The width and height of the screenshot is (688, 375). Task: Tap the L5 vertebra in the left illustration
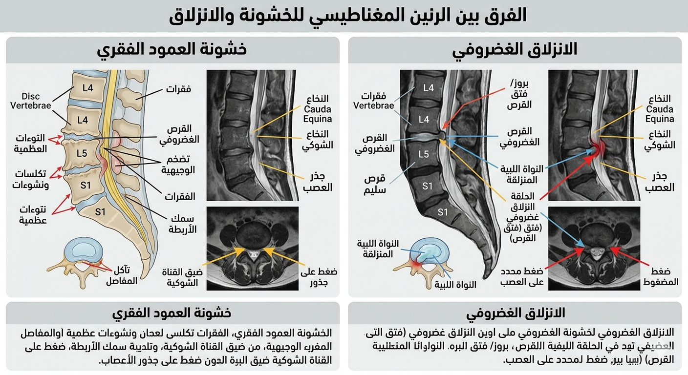tap(82, 153)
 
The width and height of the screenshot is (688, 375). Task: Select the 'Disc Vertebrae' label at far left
tap(31, 101)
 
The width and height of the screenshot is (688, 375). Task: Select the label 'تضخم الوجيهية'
tap(178, 165)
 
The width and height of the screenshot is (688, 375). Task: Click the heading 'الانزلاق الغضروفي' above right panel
tap(515, 49)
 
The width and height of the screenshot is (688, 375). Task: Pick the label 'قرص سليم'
tap(375, 185)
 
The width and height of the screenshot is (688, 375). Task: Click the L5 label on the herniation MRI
tap(424, 154)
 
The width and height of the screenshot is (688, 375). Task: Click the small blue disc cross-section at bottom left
tap(86, 250)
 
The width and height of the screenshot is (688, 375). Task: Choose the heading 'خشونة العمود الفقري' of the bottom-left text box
tap(172, 312)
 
